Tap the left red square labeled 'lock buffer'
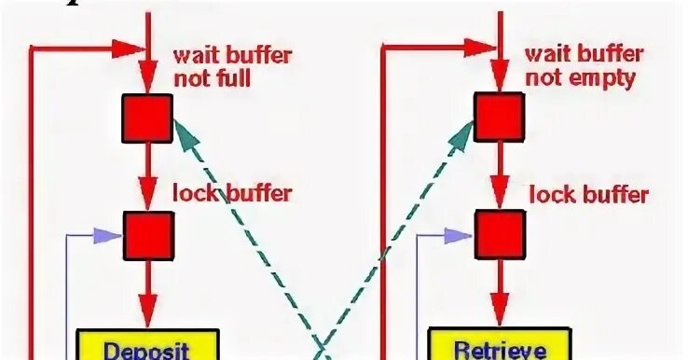click(147, 236)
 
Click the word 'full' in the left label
click(232, 77)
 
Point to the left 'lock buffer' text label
click(232, 194)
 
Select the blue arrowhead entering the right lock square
click(468, 235)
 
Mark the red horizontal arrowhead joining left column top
click(131, 46)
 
